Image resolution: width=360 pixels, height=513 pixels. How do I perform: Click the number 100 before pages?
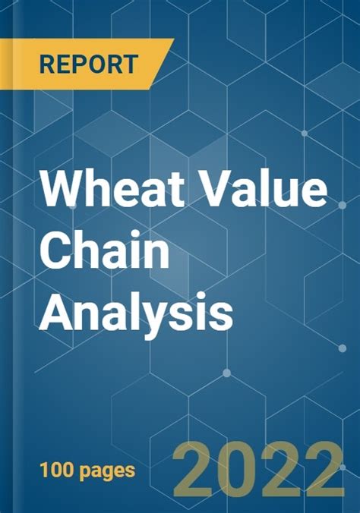(56, 471)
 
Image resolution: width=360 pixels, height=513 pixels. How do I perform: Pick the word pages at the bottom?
(107, 473)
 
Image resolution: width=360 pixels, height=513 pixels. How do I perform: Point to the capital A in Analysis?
(58, 311)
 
